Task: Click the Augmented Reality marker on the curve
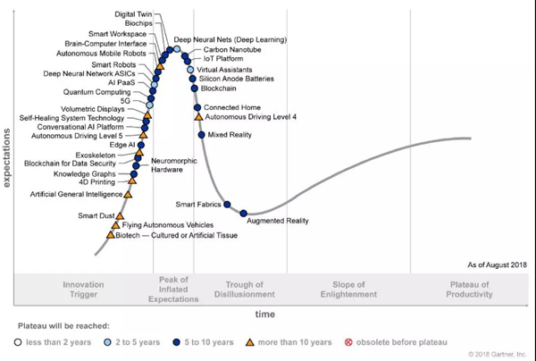click(x=243, y=213)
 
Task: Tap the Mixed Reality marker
click(x=202, y=135)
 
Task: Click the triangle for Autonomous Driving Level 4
click(x=198, y=117)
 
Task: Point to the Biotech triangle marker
click(x=111, y=235)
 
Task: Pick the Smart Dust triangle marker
click(x=120, y=215)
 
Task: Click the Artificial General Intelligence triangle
click(x=128, y=194)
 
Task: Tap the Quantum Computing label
click(x=97, y=92)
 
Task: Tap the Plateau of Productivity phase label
click(x=470, y=290)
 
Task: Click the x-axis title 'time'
click(x=265, y=314)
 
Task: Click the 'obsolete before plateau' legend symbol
click(x=349, y=342)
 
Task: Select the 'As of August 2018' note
click(x=498, y=265)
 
